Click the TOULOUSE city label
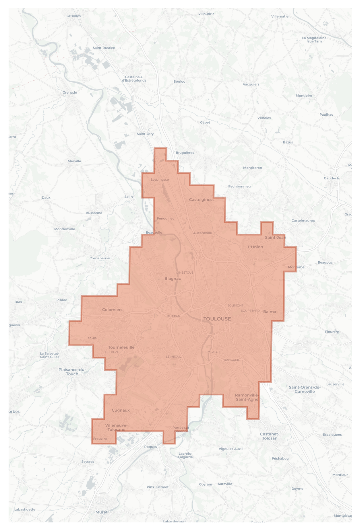click(217, 319)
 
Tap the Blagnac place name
click(173, 278)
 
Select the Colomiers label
click(112, 310)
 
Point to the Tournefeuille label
click(121, 347)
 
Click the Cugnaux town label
click(121, 410)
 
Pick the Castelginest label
click(201, 200)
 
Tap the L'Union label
click(255, 247)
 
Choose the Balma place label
click(269, 312)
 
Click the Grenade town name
click(70, 93)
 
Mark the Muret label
click(101, 512)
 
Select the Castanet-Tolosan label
click(269, 436)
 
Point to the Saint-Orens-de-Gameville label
click(305, 389)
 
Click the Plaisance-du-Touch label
click(72, 372)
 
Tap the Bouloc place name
click(179, 82)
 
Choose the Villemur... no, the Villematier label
click(280, 16)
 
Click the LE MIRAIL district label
click(173, 357)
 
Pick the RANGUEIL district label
click(231, 360)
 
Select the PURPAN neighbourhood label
click(174, 316)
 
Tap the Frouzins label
click(100, 439)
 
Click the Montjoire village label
click(304, 96)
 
